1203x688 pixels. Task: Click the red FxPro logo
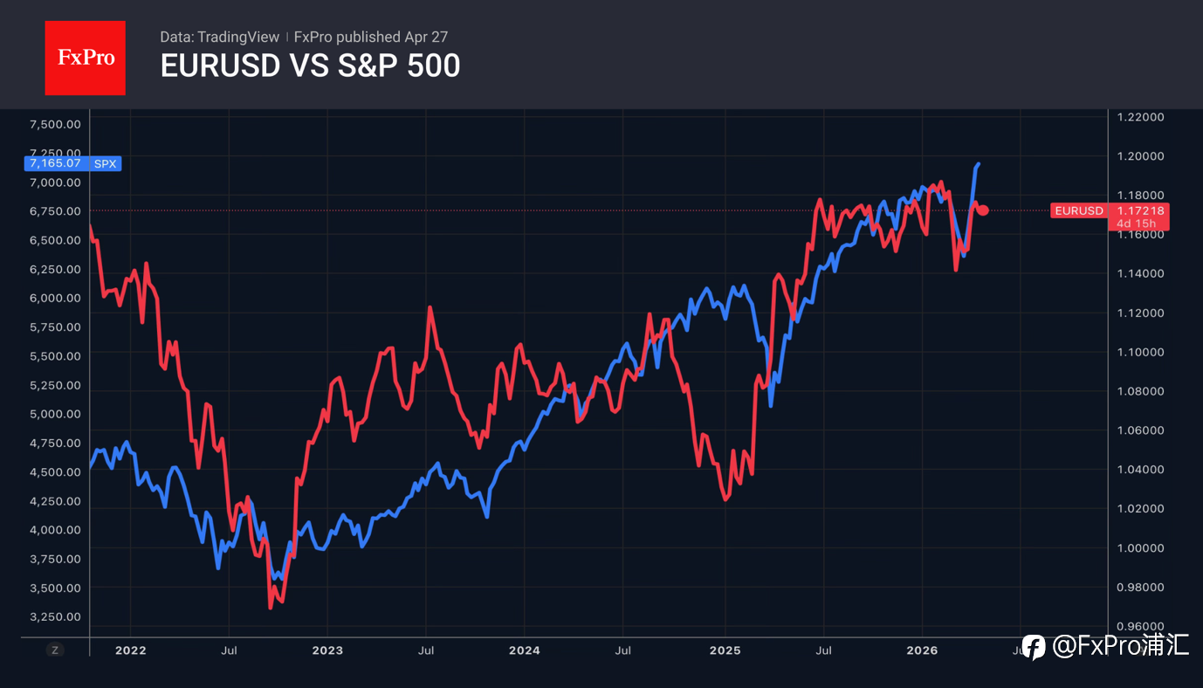[85, 58]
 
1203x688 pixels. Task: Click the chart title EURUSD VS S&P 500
[310, 65]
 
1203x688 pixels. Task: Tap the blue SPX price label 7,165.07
[55, 163]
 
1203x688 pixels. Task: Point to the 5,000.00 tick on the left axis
[55, 414]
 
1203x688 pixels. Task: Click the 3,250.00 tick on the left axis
[55, 616]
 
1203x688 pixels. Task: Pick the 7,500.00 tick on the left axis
[55, 124]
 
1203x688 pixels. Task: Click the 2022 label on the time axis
[130, 650]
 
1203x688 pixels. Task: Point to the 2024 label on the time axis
[524, 650]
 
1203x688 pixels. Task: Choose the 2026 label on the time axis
[922, 650]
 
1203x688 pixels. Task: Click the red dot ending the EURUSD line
[983, 210]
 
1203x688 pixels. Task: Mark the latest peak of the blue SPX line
[978, 163]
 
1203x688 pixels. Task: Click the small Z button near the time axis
[55, 650]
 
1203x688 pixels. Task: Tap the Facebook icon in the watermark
[1034, 647]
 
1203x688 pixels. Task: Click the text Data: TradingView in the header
[219, 37]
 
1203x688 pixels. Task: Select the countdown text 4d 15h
[1136, 224]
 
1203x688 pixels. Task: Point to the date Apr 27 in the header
[426, 37]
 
